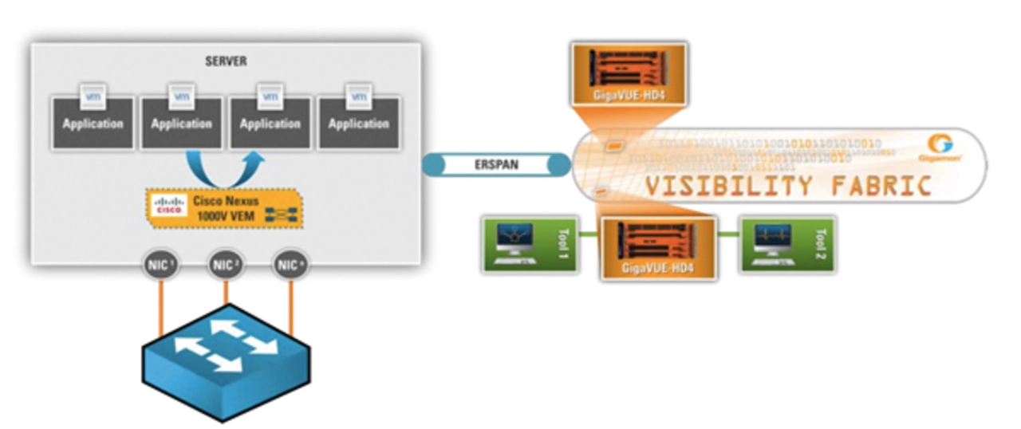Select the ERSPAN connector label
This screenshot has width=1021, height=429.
(496, 166)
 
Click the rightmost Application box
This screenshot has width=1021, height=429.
(359, 124)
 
